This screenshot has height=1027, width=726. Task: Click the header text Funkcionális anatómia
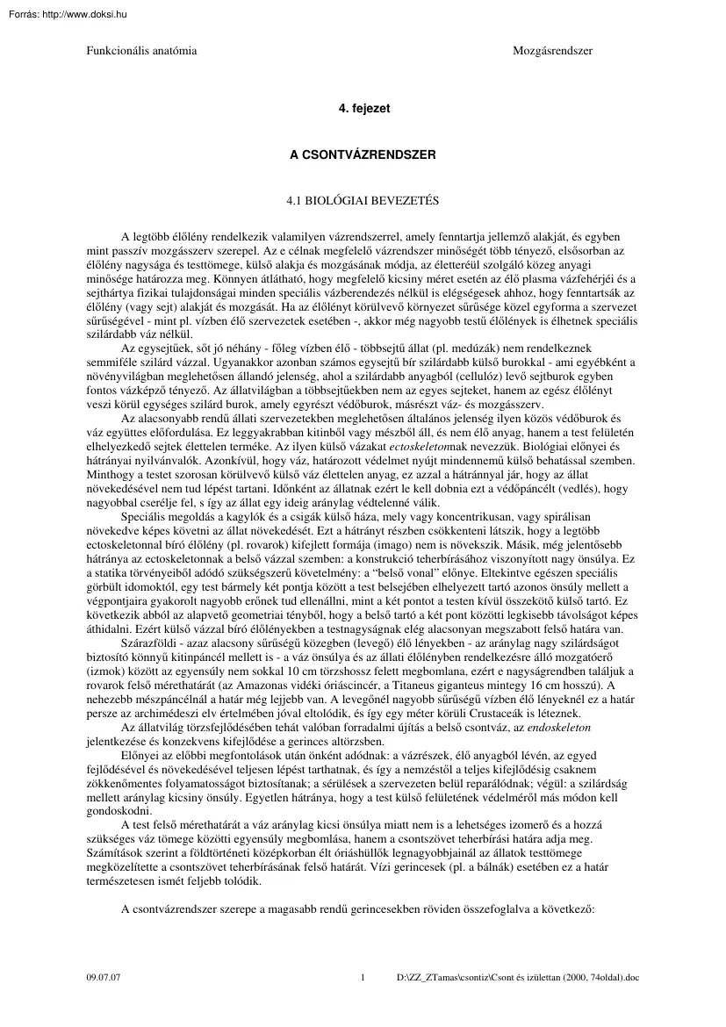[140, 51]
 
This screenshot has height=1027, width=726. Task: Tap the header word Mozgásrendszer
[552, 51]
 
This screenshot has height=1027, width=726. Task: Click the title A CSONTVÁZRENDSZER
[363, 153]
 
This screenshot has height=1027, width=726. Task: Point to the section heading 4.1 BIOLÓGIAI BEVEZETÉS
[363, 201]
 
